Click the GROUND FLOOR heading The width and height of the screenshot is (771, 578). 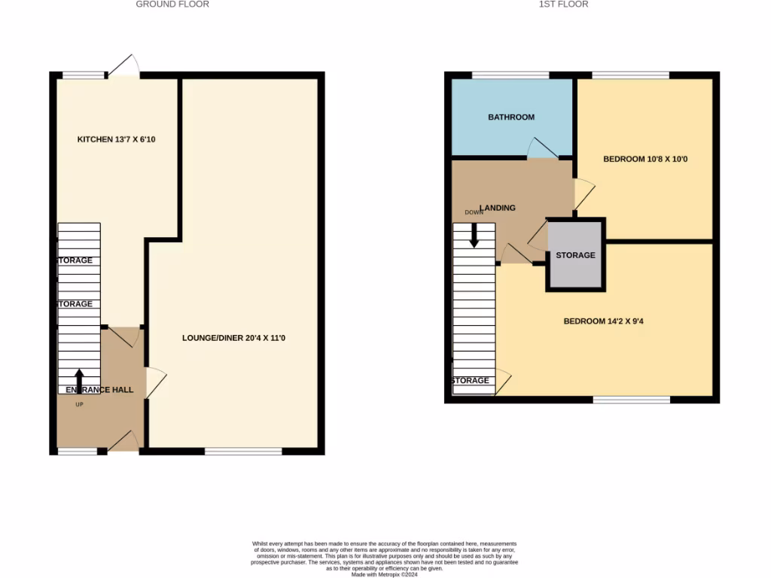[172, 5]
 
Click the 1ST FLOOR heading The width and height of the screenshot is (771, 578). [563, 5]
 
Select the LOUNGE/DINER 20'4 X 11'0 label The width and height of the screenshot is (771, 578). [233, 338]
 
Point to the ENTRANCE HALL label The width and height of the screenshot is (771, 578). [99, 390]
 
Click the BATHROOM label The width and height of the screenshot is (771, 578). [511, 117]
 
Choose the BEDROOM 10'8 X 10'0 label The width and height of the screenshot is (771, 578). [645, 159]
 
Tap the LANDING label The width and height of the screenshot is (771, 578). [498, 208]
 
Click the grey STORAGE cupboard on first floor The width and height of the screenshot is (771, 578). [575, 255]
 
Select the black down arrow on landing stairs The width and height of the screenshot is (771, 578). [474, 236]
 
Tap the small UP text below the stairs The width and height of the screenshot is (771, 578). [79, 405]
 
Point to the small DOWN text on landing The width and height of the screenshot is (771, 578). [474, 212]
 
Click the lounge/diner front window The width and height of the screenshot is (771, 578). [243, 452]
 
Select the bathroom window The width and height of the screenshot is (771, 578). [510, 75]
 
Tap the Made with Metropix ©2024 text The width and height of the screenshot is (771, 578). [385, 574]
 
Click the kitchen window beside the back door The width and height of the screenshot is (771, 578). [84, 75]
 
